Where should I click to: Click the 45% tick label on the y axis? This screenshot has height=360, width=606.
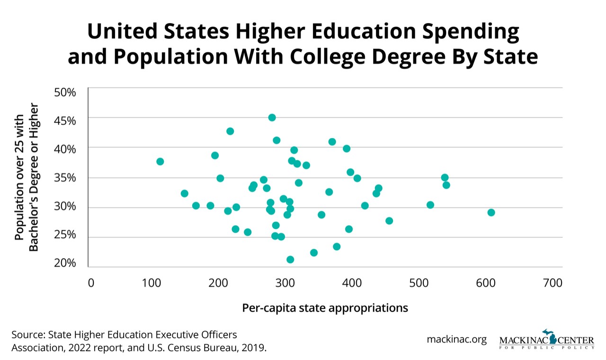tap(65, 120)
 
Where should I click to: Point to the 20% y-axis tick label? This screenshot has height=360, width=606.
tap(65, 263)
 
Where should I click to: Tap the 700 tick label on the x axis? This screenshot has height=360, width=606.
tap(553, 283)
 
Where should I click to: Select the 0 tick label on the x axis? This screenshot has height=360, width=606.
tap(91, 283)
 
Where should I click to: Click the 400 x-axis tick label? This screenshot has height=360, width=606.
tap(352, 283)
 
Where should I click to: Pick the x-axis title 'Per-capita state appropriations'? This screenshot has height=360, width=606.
tap(325, 308)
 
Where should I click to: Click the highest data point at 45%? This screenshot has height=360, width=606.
tap(272, 117)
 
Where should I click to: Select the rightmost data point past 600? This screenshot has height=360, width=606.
tap(491, 212)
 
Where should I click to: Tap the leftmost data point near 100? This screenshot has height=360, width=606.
tap(160, 161)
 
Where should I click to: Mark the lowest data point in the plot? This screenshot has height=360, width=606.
tap(290, 259)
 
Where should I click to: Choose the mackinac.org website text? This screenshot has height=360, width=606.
tap(456, 340)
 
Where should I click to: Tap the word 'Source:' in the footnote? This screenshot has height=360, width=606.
tap(27, 335)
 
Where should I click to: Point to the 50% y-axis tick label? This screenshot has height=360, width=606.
tap(65, 92)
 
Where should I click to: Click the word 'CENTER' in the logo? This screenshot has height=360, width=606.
tap(576, 340)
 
